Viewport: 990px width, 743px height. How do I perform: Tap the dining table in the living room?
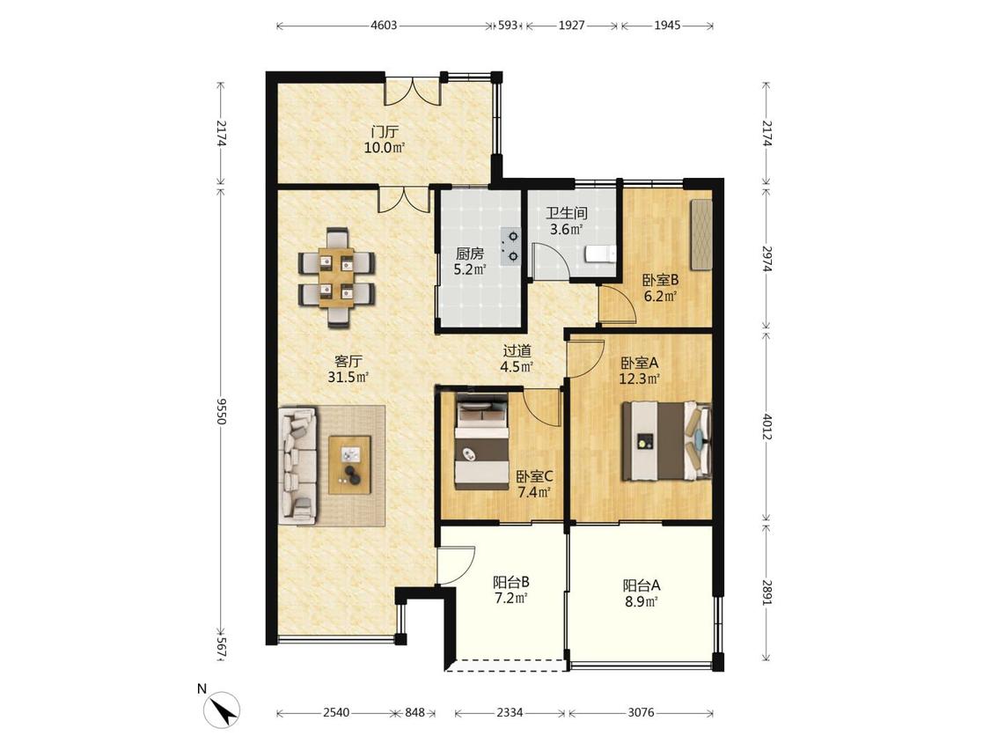pos(336,277)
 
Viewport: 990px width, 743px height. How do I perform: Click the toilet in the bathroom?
pos(600,254)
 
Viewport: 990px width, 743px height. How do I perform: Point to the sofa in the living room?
pos(297,465)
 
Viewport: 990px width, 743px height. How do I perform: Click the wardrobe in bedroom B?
pos(701,235)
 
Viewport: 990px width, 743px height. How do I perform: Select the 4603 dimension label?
pos(384,26)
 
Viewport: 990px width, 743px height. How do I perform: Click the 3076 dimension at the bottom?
pos(641,713)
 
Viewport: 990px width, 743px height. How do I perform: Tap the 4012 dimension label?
pos(767,426)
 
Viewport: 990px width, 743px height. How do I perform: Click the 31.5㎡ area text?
pos(348,377)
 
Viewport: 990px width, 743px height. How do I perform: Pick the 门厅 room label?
pos(385,133)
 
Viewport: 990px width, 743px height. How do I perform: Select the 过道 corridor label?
pos(517,350)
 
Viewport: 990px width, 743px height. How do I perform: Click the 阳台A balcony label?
pos(642,585)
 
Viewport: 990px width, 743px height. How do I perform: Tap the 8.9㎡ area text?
pos(642,602)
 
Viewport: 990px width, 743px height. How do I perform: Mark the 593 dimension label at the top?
pos(508,26)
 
